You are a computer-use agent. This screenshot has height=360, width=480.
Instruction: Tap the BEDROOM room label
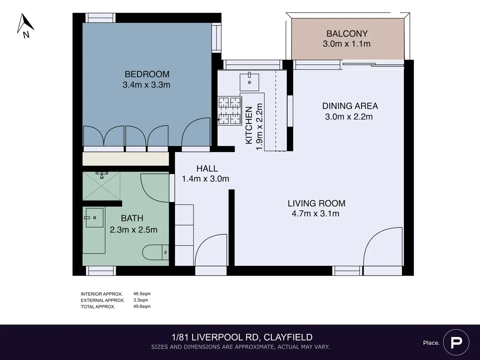pos(147,74)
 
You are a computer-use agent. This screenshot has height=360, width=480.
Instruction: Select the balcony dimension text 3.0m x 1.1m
pos(347,44)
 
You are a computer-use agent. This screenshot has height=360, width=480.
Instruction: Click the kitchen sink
pos(249,82)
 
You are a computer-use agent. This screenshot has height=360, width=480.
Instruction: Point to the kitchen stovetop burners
pos(230,111)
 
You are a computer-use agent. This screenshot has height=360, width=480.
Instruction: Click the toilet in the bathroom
pos(156,252)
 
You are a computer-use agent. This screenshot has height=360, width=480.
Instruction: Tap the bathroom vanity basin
pos(95,218)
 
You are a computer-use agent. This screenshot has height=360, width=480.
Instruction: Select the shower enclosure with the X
pos(101,186)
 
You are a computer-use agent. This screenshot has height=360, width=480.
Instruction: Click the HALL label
pos(207,169)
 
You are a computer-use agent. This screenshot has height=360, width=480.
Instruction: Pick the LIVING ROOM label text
pos(316,203)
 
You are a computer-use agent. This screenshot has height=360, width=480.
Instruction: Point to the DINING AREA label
pos(350,106)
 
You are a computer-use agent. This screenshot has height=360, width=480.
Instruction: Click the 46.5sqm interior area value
pos(142,294)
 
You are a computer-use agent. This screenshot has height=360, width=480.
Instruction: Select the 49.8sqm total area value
pos(142,307)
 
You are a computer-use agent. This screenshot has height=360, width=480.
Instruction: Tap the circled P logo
pos(456,342)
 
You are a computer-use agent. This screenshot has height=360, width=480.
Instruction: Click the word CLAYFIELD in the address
pos(288,337)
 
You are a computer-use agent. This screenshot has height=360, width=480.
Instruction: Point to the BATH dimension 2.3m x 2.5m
pos(133,230)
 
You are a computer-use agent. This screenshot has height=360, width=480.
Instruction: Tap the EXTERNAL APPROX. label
pos(103,300)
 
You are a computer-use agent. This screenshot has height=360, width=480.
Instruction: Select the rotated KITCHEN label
pos(249,126)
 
